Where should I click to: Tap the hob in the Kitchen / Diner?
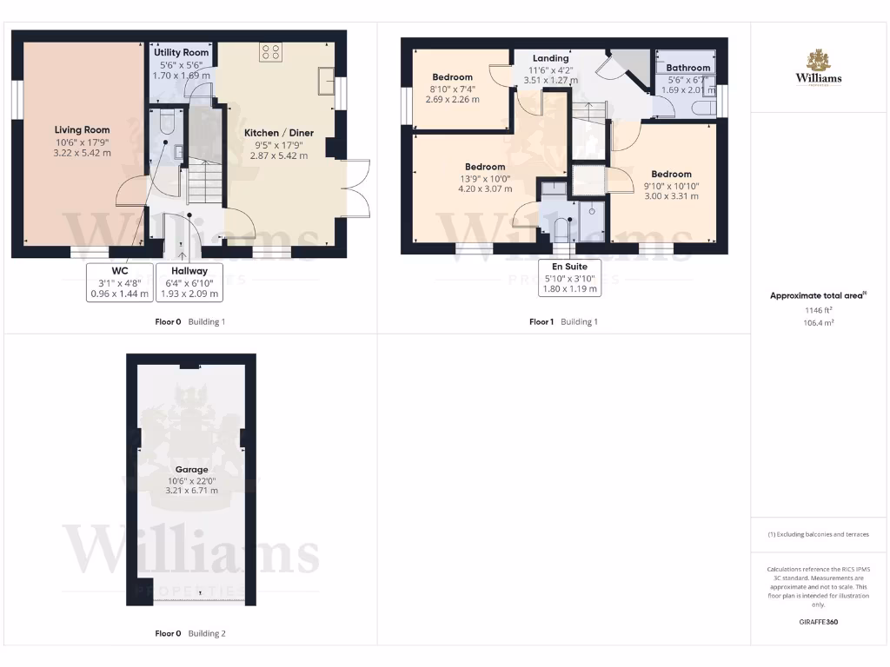point(269,51)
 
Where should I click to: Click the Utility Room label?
point(181,53)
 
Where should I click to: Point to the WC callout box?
point(120,282)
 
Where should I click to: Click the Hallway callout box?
point(189,282)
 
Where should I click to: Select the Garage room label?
point(191,470)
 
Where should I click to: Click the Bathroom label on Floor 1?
point(688,68)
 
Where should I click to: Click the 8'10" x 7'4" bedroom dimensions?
point(452,89)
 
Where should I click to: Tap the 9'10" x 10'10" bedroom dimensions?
point(671,186)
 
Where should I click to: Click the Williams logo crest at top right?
point(818,61)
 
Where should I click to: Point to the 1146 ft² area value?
point(818,309)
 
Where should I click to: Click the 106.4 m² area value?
point(818,321)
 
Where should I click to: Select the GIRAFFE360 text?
point(818,622)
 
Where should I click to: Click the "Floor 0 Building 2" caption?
point(190,633)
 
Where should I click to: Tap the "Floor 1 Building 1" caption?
point(564,321)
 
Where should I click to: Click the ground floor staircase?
point(203,184)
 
